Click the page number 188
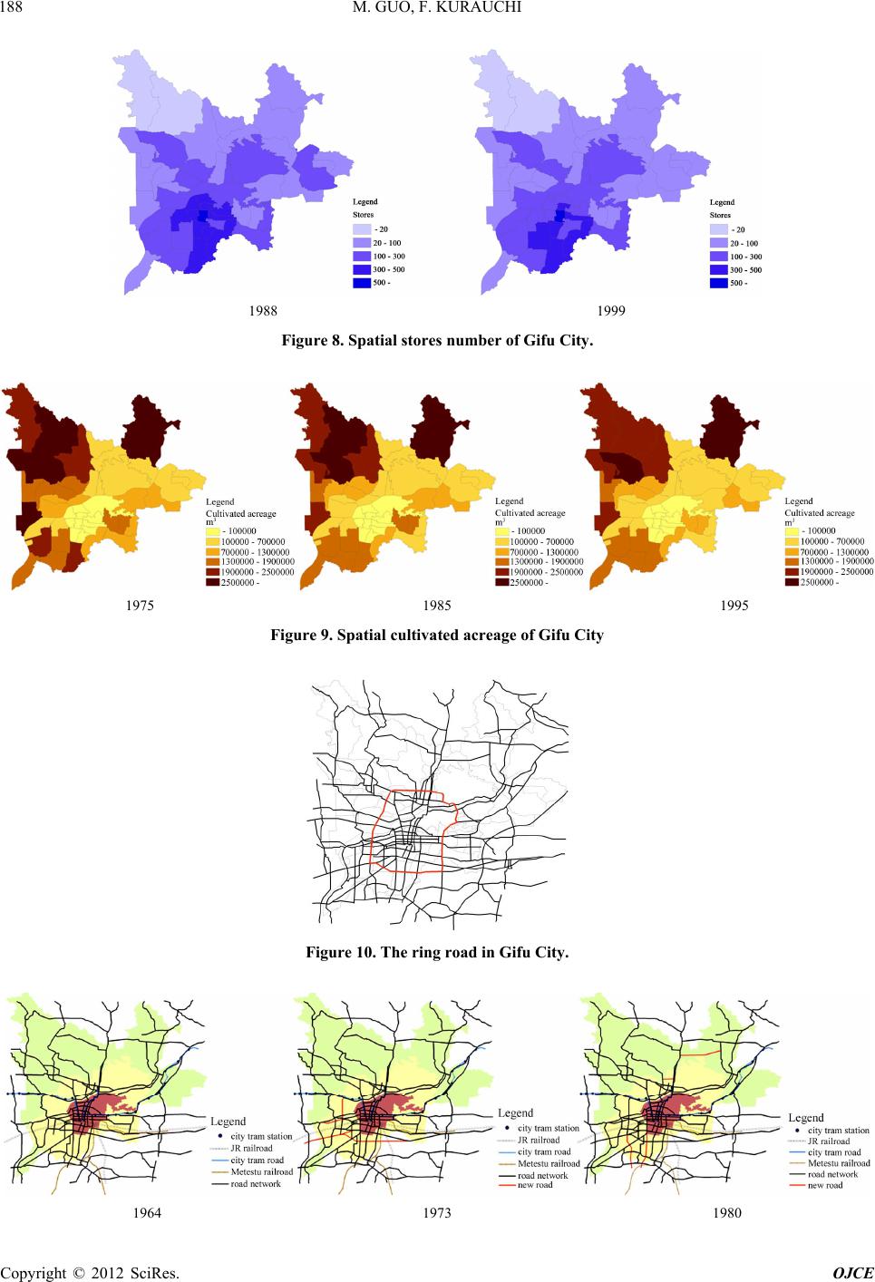click(13, 10)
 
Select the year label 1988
click(262, 310)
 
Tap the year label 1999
click(611, 310)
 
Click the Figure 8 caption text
click(437, 341)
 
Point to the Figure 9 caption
click(437, 635)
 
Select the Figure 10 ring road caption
click(437, 953)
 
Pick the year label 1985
click(437, 606)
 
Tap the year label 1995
click(734, 606)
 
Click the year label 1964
click(147, 1213)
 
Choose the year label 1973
click(437, 1213)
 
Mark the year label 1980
click(726, 1213)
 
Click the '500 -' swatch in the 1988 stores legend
click(361, 283)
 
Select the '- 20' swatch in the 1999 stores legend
click(718, 229)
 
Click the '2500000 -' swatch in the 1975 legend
click(213, 583)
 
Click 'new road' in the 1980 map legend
click(825, 1185)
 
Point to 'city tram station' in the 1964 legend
click(261, 1136)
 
